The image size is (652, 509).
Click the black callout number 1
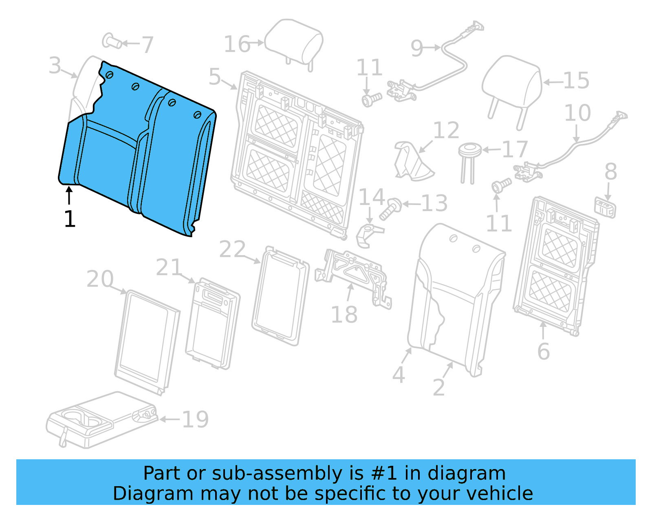point(70,219)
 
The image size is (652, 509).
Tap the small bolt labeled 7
point(112,41)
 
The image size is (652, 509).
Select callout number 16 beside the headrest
point(237,44)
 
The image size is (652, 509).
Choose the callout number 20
point(100,279)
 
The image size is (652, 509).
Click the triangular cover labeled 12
point(412,161)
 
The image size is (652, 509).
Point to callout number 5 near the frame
point(215,77)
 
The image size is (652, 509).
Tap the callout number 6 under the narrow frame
point(543,351)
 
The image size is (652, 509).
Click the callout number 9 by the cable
point(417,48)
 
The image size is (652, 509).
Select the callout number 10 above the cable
point(577,113)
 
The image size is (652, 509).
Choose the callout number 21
point(168,267)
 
